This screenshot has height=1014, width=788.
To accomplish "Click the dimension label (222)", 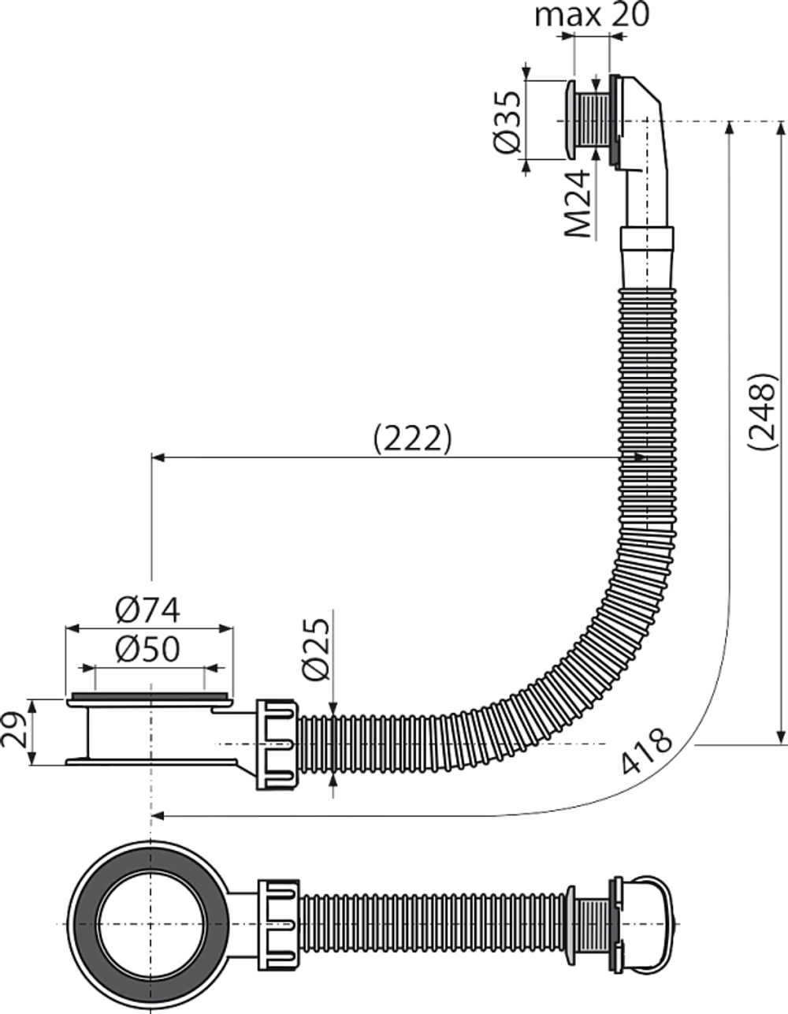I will click(412, 439).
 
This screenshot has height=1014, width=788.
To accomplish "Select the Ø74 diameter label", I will click(148, 609).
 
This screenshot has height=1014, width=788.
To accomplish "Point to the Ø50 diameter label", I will click(148, 649).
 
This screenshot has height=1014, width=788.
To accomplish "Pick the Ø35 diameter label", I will click(508, 120).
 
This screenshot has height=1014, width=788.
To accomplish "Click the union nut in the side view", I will click(276, 744).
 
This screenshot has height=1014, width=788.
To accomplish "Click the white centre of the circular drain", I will click(147, 922).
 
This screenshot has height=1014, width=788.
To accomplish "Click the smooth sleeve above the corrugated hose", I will click(648, 257).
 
